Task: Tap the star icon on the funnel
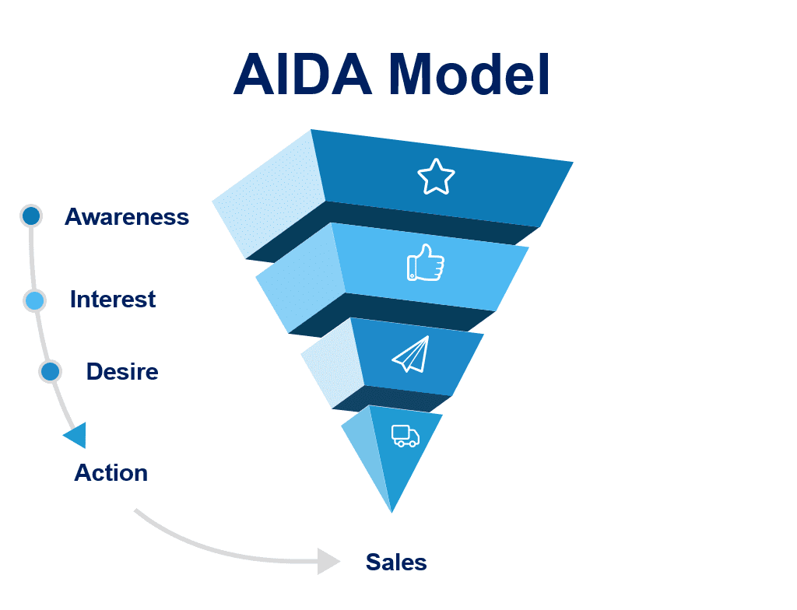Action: point(436,177)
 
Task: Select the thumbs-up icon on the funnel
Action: point(426,263)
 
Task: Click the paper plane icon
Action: point(411,354)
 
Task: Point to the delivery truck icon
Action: point(405,436)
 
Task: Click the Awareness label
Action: point(127,216)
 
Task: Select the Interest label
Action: point(113,300)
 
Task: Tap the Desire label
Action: point(122,372)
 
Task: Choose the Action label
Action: point(111,472)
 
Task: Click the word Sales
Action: point(396,562)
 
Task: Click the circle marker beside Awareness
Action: point(31,216)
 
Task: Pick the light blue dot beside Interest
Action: point(34,300)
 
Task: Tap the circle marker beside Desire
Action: point(51,372)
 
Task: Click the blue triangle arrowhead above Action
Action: point(76,436)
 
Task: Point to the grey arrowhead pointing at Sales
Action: point(328,560)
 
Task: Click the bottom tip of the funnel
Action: point(391,510)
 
